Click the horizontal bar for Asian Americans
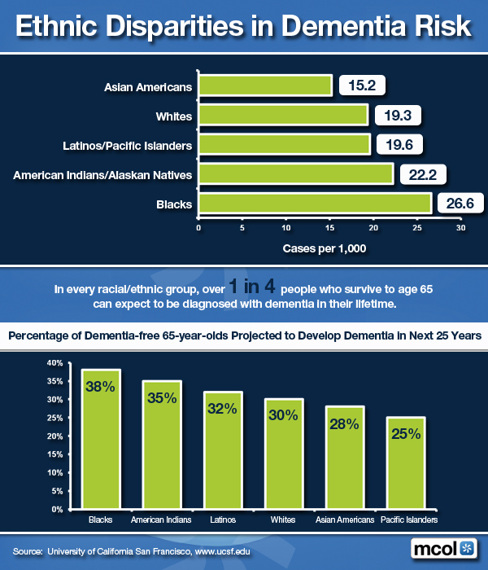click(265, 85)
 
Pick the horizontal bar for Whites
click(283, 115)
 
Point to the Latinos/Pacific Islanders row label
click(127, 146)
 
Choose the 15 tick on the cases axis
click(329, 229)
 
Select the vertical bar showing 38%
click(101, 440)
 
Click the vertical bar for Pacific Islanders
click(405, 463)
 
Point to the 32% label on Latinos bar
click(223, 410)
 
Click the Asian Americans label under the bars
click(345, 520)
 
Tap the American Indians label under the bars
click(162, 520)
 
